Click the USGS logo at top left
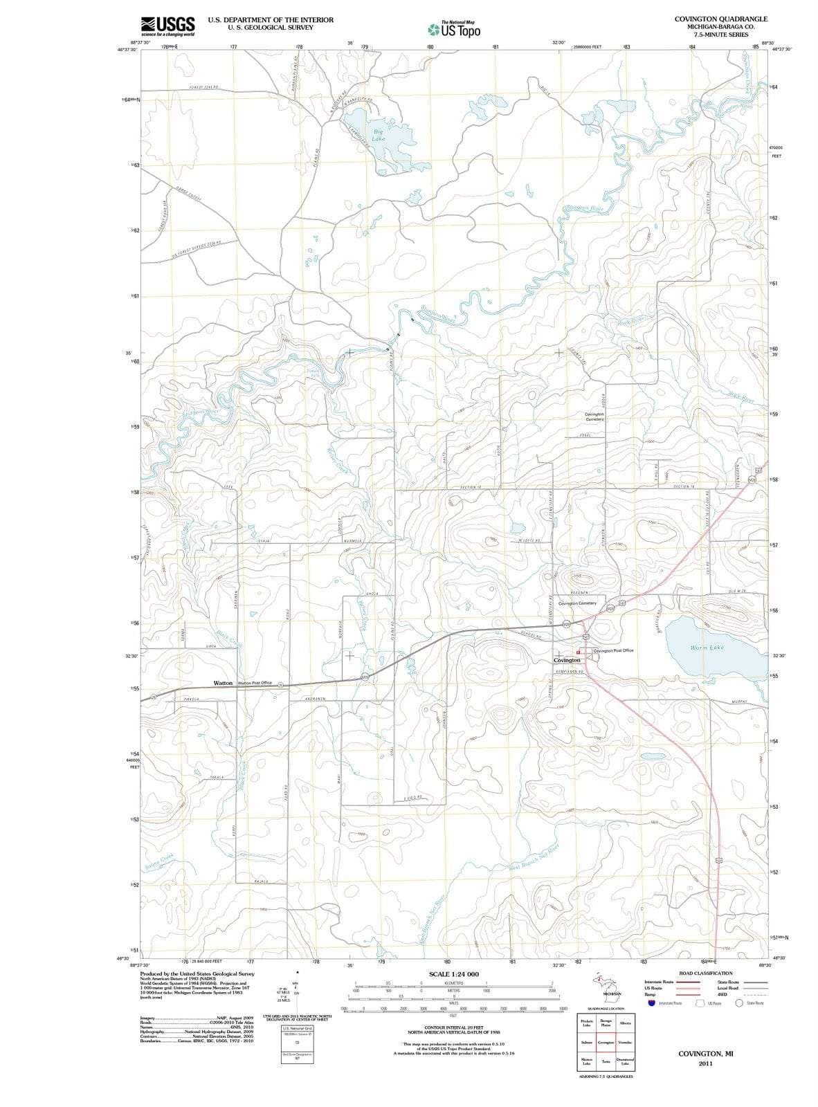[167, 26]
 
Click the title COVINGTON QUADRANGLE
[720, 19]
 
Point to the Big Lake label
[378, 135]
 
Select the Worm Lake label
[707, 648]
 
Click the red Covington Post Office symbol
[579, 652]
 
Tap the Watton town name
[223, 683]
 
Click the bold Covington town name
[567, 660]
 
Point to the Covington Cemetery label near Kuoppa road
[594, 417]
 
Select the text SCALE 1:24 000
[454, 974]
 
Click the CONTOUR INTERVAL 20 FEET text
[454, 1028]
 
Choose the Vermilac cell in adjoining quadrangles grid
[625, 1042]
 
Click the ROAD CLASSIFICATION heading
[705, 973]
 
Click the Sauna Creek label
[159, 863]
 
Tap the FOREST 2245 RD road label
[203, 87]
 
